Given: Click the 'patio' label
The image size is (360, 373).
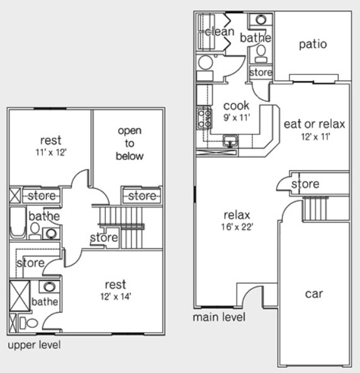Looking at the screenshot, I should coord(312,44).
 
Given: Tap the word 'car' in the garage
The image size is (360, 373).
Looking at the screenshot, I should coord(314,294).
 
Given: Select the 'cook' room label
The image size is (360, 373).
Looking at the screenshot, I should coord(236,105).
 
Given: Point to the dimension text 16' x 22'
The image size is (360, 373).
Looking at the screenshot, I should coord(237,227).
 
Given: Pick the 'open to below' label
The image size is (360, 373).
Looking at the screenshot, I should coord(131,143).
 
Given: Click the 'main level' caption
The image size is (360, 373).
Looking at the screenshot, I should coord(219,317).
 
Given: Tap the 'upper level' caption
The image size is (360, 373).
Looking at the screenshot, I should coord(33,345).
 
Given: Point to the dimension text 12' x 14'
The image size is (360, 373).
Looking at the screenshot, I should coord(116,296).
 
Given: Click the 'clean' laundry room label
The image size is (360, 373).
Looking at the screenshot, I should coord(220,31).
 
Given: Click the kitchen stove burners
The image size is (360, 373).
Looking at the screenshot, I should coord(205,118).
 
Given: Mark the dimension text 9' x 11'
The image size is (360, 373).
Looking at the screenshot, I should coord(236,117).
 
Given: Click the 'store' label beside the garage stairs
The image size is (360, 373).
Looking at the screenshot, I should coord(305,184).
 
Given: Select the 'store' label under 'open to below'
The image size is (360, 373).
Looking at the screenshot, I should coord(142,196).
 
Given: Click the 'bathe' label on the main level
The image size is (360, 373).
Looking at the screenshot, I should coord(255,38).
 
